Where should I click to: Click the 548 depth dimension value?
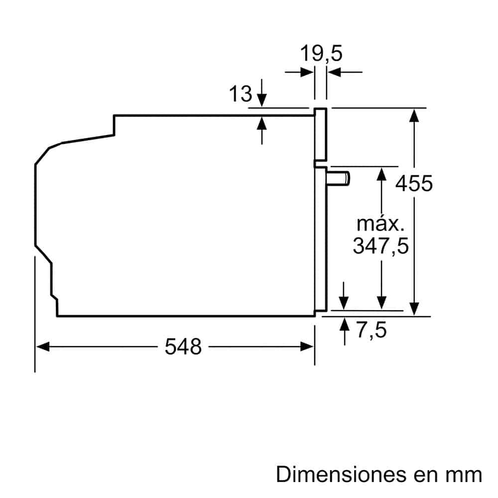coord(183,347)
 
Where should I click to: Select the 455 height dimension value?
coord(414,183)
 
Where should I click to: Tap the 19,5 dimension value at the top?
coord(321,53)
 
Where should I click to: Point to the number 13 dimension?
coord(241,94)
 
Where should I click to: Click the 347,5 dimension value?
coord(380,246)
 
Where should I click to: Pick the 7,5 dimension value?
coord(372,330)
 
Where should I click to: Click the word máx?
coord(380,224)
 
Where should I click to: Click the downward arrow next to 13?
coord(262,101)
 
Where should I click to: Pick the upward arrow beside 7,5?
coord(344,324)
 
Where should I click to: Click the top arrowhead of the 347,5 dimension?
coord(381,173)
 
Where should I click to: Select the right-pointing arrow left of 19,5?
coord(307,72)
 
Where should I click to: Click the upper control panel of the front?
coord(320,135)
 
